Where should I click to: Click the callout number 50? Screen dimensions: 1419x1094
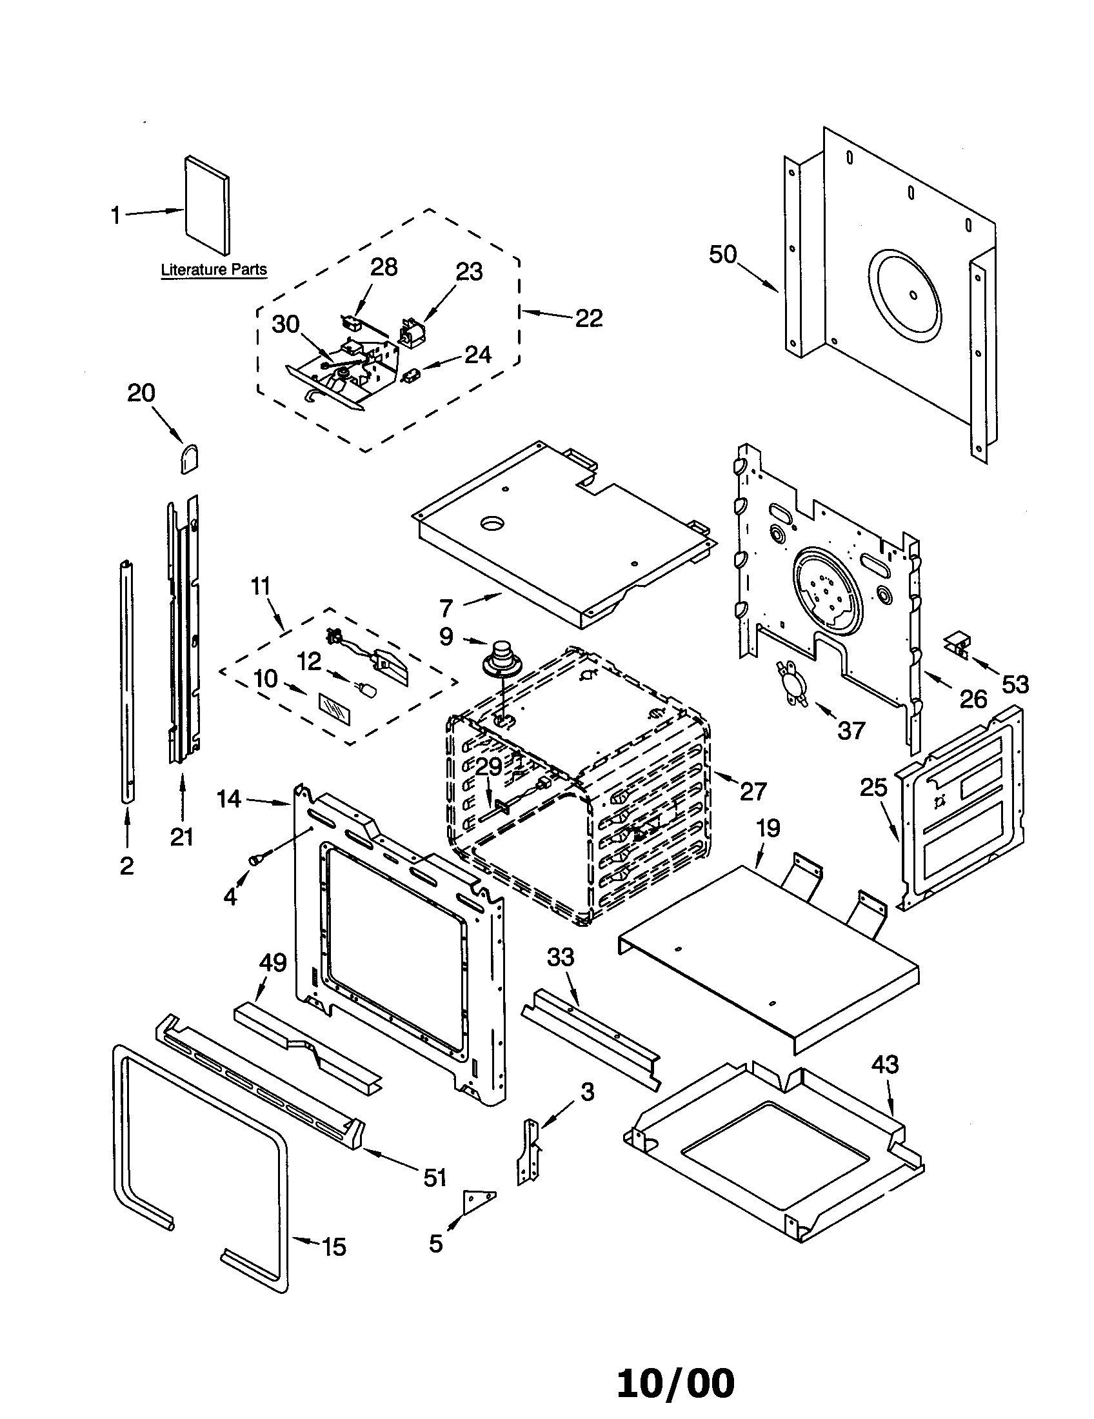pyautogui.click(x=722, y=254)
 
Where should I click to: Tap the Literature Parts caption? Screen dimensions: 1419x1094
pyautogui.click(x=214, y=270)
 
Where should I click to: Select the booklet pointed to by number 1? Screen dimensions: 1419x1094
pyautogui.click(x=207, y=205)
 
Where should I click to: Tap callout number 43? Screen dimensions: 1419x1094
pyautogui.click(x=884, y=1064)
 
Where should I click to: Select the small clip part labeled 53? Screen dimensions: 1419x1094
pyautogui.click(x=955, y=642)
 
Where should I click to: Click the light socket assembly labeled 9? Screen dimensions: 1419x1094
pyautogui.click(x=500, y=657)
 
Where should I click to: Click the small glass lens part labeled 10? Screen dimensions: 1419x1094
pyautogui.click(x=335, y=707)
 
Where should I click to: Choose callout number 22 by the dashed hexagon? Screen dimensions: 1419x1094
pyautogui.click(x=588, y=318)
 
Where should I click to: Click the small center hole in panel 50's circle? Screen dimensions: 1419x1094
pyautogui.click(x=914, y=295)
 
